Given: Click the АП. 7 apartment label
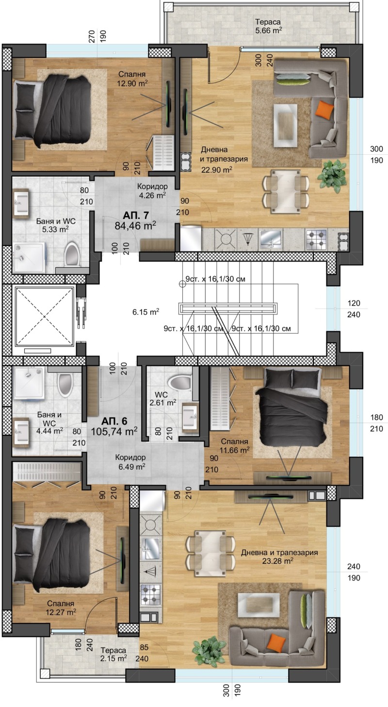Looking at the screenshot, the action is pyautogui.click(x=136, y=215).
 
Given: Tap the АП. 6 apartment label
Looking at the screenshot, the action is pyautogui.click(x=114, y=421).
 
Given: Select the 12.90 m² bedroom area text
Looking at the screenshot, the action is pyautogui.click(x=132, y=83).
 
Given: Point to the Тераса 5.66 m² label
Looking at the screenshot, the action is pyautogui.click(x=268, y=26).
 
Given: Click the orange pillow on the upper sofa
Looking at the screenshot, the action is pyautogui.click(x=324, y=109).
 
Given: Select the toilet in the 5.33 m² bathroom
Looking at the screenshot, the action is pyautogui.click(x=72, y=254).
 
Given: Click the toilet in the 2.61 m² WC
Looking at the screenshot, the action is pyautogui.click(x=179, y=382).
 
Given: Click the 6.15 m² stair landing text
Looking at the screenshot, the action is pyautogui.click(x=145, y=312).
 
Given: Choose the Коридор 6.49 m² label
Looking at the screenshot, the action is pyautogui.click(x=130, y=462).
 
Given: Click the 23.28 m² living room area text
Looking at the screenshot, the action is pyautogui.click(x=278, y=560).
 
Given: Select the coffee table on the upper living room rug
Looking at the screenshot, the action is pyautogui.click(x=285, y=126).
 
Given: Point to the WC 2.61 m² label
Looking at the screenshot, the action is pyautogui.click(x=162, y=399).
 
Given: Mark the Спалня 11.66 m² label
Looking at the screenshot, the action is pyautogui.click(x=234, y=445).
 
